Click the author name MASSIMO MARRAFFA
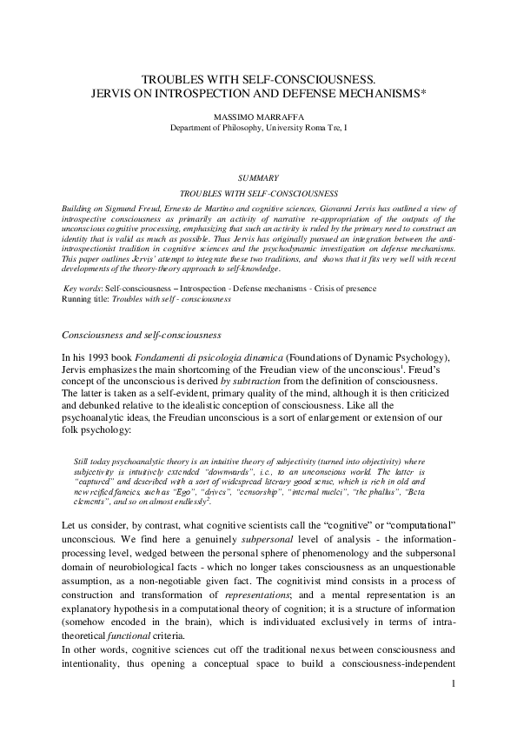[259, 114]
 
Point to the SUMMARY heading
[258, 176]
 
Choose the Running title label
[86, 298]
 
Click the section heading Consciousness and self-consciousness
[142, 335]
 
